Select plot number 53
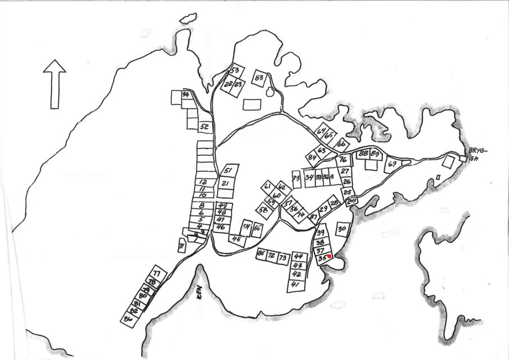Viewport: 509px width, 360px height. pos(235,71)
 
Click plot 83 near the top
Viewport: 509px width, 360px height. pos(259,78)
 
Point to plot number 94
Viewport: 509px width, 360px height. pos(184,94)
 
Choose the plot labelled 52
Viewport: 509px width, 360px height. pos(205,127)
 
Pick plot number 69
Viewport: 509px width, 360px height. pos(392,164)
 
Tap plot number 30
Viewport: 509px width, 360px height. pos(342,229)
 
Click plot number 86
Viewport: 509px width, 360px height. pos(128,319)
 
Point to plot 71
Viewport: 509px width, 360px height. pos(181,246)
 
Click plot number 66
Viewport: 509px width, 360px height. pos(340,143)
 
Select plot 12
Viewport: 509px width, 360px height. pos(204,182)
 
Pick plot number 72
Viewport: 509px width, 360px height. pos(271,256)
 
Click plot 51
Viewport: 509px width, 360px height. pos(228,170)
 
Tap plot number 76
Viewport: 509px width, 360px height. pos(343,160)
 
